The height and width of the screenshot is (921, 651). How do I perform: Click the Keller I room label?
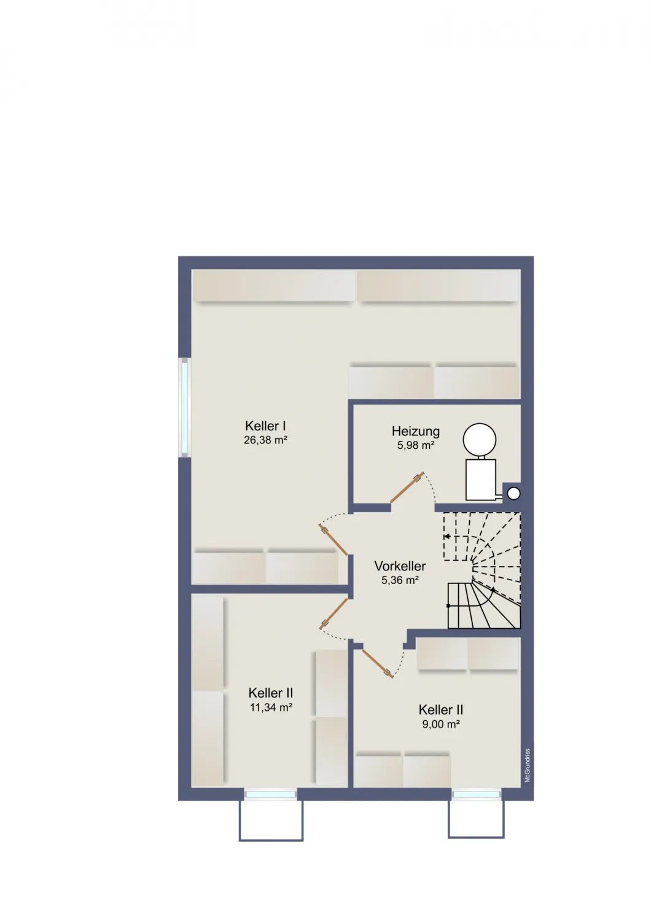pyautogui.click(x=265, y=426)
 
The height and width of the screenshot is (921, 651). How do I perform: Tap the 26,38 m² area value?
pyautogui.click(x=265, y=440)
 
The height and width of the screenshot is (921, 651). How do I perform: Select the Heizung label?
pyautogui.click(x=416, y=431)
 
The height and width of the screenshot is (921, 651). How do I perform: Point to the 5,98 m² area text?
pyautogui.click(x=416, y=445)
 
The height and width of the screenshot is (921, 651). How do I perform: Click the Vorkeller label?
pyautogui.click(x=400, y=566)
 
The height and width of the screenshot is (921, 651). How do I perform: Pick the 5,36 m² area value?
pyautogui.click(x=400, y=580)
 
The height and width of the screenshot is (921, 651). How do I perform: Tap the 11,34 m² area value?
pyautogui.click(x=271, y=707)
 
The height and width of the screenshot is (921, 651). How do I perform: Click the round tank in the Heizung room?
pyautogui.click(x=480, y=440)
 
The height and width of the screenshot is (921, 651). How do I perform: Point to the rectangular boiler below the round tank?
pyautogui.click(x=480, y=480)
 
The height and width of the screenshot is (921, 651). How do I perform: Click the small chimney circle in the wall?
pyautogui.click(x=513, y=494)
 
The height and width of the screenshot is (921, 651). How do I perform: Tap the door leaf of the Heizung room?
pyautogui.click(x=407, y=488)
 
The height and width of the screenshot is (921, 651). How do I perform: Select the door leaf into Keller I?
pyautogui.click(x=333, y=540)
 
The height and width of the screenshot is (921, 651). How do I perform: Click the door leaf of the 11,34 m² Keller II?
pyautogui.click(x=333, y=613)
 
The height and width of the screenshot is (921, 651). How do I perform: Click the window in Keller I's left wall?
pyautogui.click(x=185, y=407)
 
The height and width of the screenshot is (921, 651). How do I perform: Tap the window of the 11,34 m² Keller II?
pyautogui.click(x=270, y=795)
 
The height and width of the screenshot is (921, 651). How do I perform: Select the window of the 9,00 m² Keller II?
pyautogui.click(x=476, y=795)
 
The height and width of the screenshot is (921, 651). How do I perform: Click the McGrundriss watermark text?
pyautogui.click(x=528, y=765)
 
